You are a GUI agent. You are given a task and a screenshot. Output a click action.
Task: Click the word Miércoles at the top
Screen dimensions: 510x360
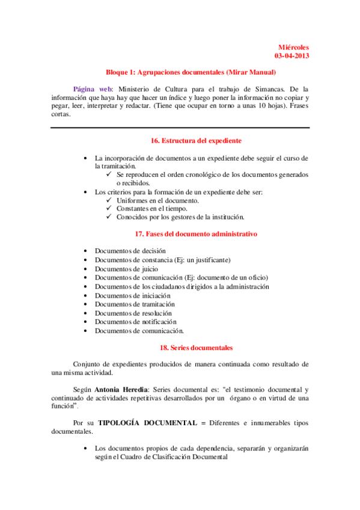coord(294,47)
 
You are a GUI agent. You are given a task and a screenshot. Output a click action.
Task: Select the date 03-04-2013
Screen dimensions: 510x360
coord(291,56)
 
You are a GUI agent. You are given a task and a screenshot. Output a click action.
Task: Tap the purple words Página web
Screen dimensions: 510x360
coord(88,88)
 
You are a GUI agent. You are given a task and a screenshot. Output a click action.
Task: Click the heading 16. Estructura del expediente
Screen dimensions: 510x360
coord(196,140)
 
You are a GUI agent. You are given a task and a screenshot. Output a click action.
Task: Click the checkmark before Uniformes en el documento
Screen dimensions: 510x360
coord(108,200)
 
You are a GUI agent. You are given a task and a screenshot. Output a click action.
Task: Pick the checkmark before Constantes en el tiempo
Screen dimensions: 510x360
coord(108,209)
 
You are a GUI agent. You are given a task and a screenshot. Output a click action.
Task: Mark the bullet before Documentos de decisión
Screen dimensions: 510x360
coord(87,251)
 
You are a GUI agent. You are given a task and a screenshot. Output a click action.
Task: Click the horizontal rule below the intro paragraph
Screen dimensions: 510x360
coord(180,127)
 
